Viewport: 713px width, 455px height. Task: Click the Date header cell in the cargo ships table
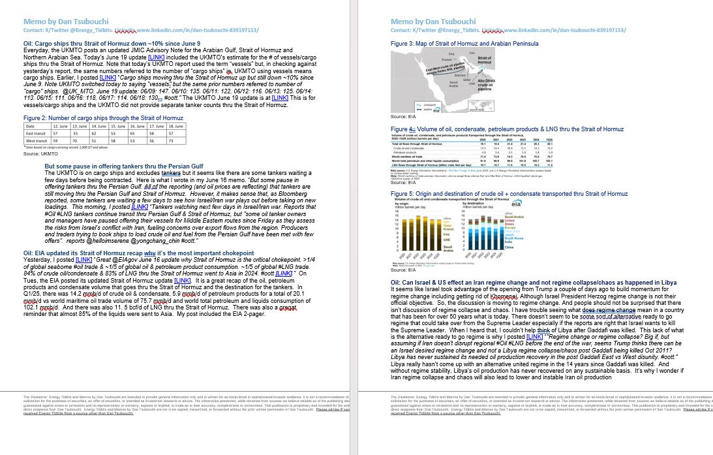click(x=30, y=125)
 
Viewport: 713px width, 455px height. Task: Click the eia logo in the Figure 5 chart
click(x=517, y=204)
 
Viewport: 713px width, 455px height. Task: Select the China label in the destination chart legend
click(x=509, y=247)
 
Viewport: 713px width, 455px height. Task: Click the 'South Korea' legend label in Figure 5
click(x=514, y=239)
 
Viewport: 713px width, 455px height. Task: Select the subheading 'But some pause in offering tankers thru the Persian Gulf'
click(x=125, y=166)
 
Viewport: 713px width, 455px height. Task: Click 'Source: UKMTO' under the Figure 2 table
click(x=40, y=154)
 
